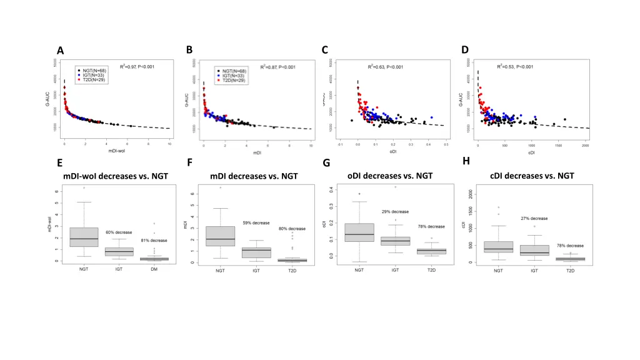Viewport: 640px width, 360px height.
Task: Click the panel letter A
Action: tap(60, 51)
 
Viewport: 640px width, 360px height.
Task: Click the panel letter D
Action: tap(464, 50)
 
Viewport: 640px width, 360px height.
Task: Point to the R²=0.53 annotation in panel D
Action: tap(515, 66)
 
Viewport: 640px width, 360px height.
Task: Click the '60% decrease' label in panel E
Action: tap(119, 232)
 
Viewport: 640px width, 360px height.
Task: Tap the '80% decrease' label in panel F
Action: tap(292, 229)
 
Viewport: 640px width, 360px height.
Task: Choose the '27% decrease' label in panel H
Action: tap(534, 218)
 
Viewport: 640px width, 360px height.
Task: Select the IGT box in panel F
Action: tap(256, 252)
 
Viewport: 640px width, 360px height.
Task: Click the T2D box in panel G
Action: tap(431, 251)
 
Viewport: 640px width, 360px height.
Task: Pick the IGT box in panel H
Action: tap(534, 250)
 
